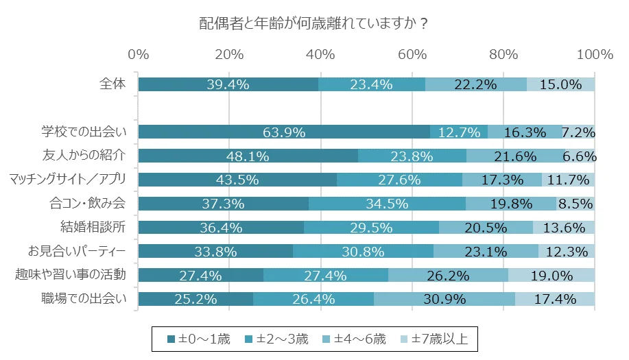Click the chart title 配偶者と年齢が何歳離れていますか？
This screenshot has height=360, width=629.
click(314, 23)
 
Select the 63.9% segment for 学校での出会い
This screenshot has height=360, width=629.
click(284, 132)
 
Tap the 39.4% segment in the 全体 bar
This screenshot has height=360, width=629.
click(228, 84)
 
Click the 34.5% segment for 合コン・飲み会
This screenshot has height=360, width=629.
click(387, 204)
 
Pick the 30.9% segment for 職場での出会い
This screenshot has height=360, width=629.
click(444, 299)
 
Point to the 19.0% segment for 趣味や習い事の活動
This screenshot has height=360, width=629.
click(551, 275)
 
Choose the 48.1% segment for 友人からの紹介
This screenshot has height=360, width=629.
click(248, 156)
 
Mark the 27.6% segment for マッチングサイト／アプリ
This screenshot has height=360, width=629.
click(399, 180)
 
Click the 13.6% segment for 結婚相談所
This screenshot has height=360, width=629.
click(564, 228)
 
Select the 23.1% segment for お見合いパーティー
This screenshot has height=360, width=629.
click(486, 251)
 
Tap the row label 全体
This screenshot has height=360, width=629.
click(113, 84)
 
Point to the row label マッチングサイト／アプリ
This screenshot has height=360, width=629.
click(69, 180)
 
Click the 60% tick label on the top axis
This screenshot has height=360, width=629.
click(412, 55)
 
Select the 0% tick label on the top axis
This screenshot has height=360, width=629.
click(139, 55)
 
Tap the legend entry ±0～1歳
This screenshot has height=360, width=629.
click(200, 338)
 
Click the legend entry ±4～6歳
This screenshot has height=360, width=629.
click(355, 338)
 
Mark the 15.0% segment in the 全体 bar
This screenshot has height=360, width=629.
click(560, 84)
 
